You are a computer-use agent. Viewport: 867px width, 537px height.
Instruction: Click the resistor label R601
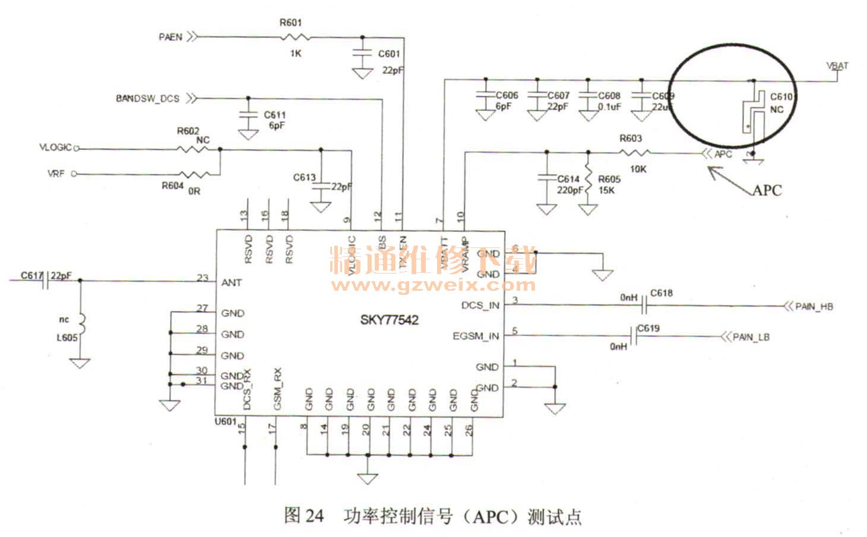(291, 23)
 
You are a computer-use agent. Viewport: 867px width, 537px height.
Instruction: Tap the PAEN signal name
(170, 37)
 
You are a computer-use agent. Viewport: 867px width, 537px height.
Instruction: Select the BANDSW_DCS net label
(147, 98)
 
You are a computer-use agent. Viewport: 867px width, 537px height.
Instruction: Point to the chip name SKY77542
(389, 320)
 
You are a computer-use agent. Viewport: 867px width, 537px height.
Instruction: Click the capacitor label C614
(568, 179)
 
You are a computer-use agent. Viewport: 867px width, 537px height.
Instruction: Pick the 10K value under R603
(638, 169)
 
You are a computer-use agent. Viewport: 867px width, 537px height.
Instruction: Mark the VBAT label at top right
(837, 65)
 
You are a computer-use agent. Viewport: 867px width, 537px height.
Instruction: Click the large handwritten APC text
(767, 190)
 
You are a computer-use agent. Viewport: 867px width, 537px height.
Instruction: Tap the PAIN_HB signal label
(814, 306)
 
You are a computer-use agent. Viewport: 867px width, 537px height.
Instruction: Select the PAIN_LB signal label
(751, 337)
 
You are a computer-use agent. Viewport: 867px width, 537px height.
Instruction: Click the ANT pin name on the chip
(231, 282)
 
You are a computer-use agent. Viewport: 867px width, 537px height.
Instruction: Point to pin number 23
(202, 277)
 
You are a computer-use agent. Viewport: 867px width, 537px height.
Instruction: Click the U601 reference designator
(226, 421)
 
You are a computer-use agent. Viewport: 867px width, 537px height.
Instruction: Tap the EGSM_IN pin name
(476, 336)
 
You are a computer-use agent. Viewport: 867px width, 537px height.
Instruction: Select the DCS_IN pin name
(480, 305)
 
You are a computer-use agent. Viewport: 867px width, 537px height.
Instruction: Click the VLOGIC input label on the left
(55, 148)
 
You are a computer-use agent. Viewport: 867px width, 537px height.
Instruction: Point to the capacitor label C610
(781, 96)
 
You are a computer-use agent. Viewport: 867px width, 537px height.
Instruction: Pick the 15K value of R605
(606, 190)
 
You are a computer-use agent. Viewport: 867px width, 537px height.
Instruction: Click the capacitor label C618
(662, 293)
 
